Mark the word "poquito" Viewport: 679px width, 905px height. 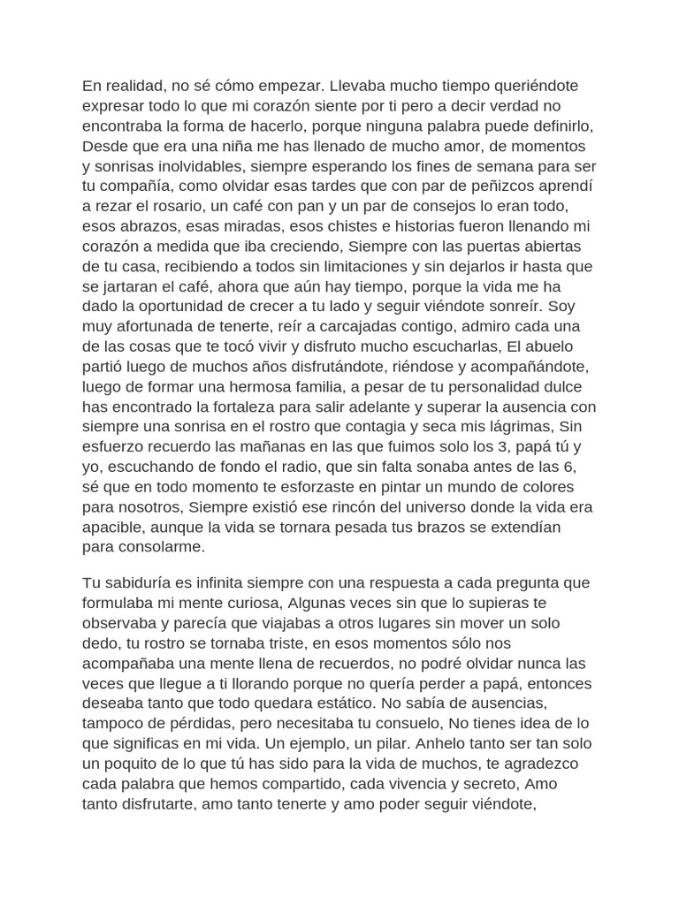click(x=137, y=764)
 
